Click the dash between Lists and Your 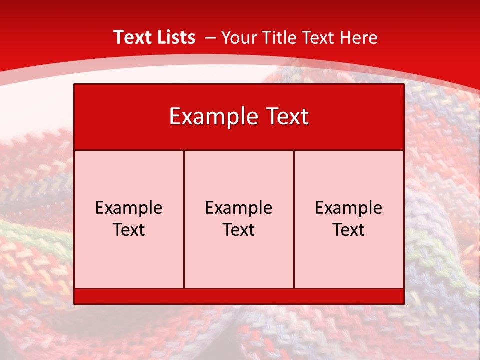tap(210, 38)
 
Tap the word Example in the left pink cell tap(129, 208)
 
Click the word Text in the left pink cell tap(129, 230)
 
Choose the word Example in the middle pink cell tap(239, 208)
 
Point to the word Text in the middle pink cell tap(239, 230)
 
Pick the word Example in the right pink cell tap(349, 208)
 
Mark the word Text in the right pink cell tap(349, 230)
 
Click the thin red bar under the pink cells tap(239, 296)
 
